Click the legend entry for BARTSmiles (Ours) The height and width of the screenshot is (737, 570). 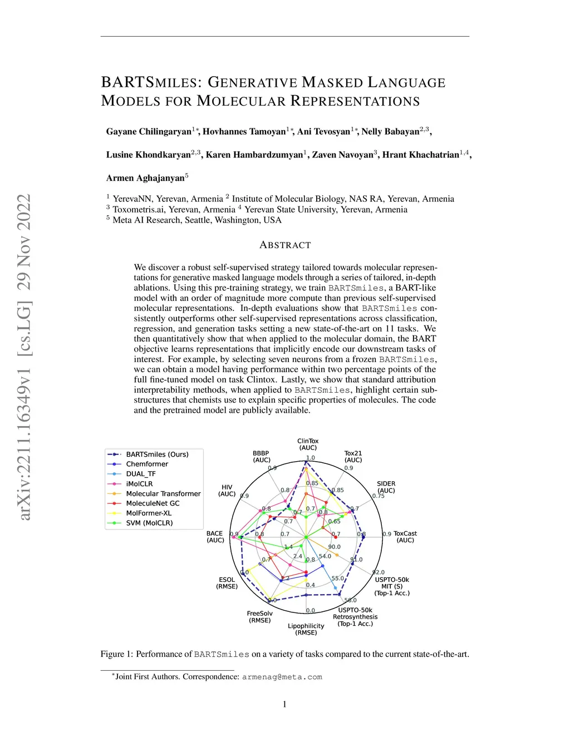tap(156, 454)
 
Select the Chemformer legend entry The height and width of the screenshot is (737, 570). tap(146, 464)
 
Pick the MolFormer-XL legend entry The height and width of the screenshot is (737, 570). tap(148, 513)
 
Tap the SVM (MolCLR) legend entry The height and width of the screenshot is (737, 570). tap(149, 523)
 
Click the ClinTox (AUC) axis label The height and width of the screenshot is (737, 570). tap(308, 444)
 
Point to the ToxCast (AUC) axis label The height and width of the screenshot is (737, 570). tap(405, 537)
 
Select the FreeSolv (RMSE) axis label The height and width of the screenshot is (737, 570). tap(260, 617)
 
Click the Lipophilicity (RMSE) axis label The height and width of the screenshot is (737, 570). tap(306, 629)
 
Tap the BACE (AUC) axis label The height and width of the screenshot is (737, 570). tap(215, 537)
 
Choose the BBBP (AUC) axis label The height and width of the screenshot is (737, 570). tap(261, 457)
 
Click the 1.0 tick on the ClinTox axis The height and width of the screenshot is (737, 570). tap(310, 458)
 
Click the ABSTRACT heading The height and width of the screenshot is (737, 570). tap(285, 245)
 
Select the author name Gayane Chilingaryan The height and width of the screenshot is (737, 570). tap(149, 132)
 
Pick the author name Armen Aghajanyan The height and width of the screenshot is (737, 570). tap(145, 178)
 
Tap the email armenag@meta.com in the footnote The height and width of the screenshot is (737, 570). tap(282, 677)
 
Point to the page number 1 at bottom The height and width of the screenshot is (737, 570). tap(284, 704)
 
